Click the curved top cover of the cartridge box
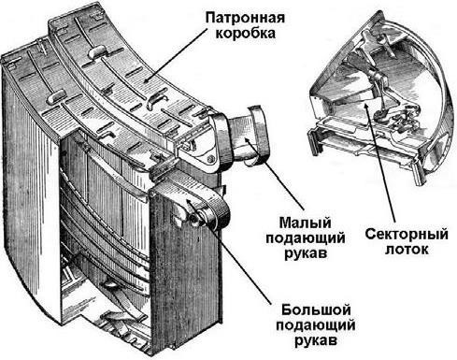(x=121, y=65)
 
